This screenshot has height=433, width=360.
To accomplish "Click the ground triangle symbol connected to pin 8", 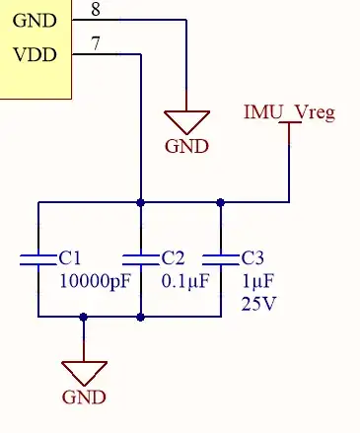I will tap(186, 120).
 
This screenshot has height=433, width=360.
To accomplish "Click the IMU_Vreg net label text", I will tap(289, 111).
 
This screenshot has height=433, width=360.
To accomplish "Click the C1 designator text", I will tap(70, 258).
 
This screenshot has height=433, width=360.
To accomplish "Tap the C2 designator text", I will tap(173, 258).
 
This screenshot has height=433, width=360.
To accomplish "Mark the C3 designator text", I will tap(252, 258).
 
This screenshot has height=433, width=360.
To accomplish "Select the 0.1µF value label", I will tap(185, 281).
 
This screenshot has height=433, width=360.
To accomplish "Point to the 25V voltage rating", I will tap(258, 304).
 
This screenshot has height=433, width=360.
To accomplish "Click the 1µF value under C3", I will tap(258, 281).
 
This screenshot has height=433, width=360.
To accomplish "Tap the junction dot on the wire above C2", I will tap(142, 203).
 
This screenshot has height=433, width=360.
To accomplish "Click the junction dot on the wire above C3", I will tap(221, 203).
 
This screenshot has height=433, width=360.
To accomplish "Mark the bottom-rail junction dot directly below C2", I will tap(142, 317).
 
